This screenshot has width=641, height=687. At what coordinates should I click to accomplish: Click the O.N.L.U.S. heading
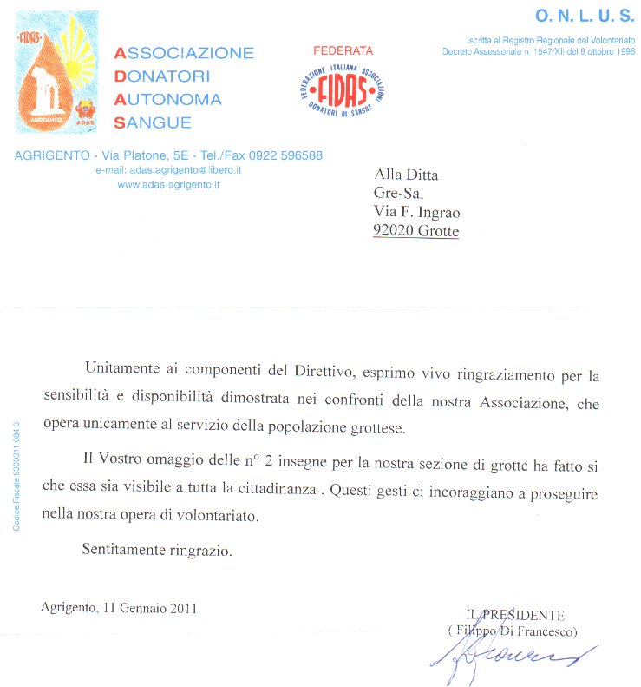585,16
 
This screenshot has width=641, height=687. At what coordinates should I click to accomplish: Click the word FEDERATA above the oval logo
343,51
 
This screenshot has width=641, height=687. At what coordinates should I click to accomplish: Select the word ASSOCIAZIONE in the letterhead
184,54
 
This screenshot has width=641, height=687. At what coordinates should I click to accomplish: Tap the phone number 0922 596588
285,156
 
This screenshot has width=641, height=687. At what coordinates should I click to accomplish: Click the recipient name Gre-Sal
398,193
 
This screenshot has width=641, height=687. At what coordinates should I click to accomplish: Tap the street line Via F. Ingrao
416,212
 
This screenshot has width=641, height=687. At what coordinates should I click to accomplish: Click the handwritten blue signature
512,657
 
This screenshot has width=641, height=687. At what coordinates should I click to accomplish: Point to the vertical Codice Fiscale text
16,476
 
